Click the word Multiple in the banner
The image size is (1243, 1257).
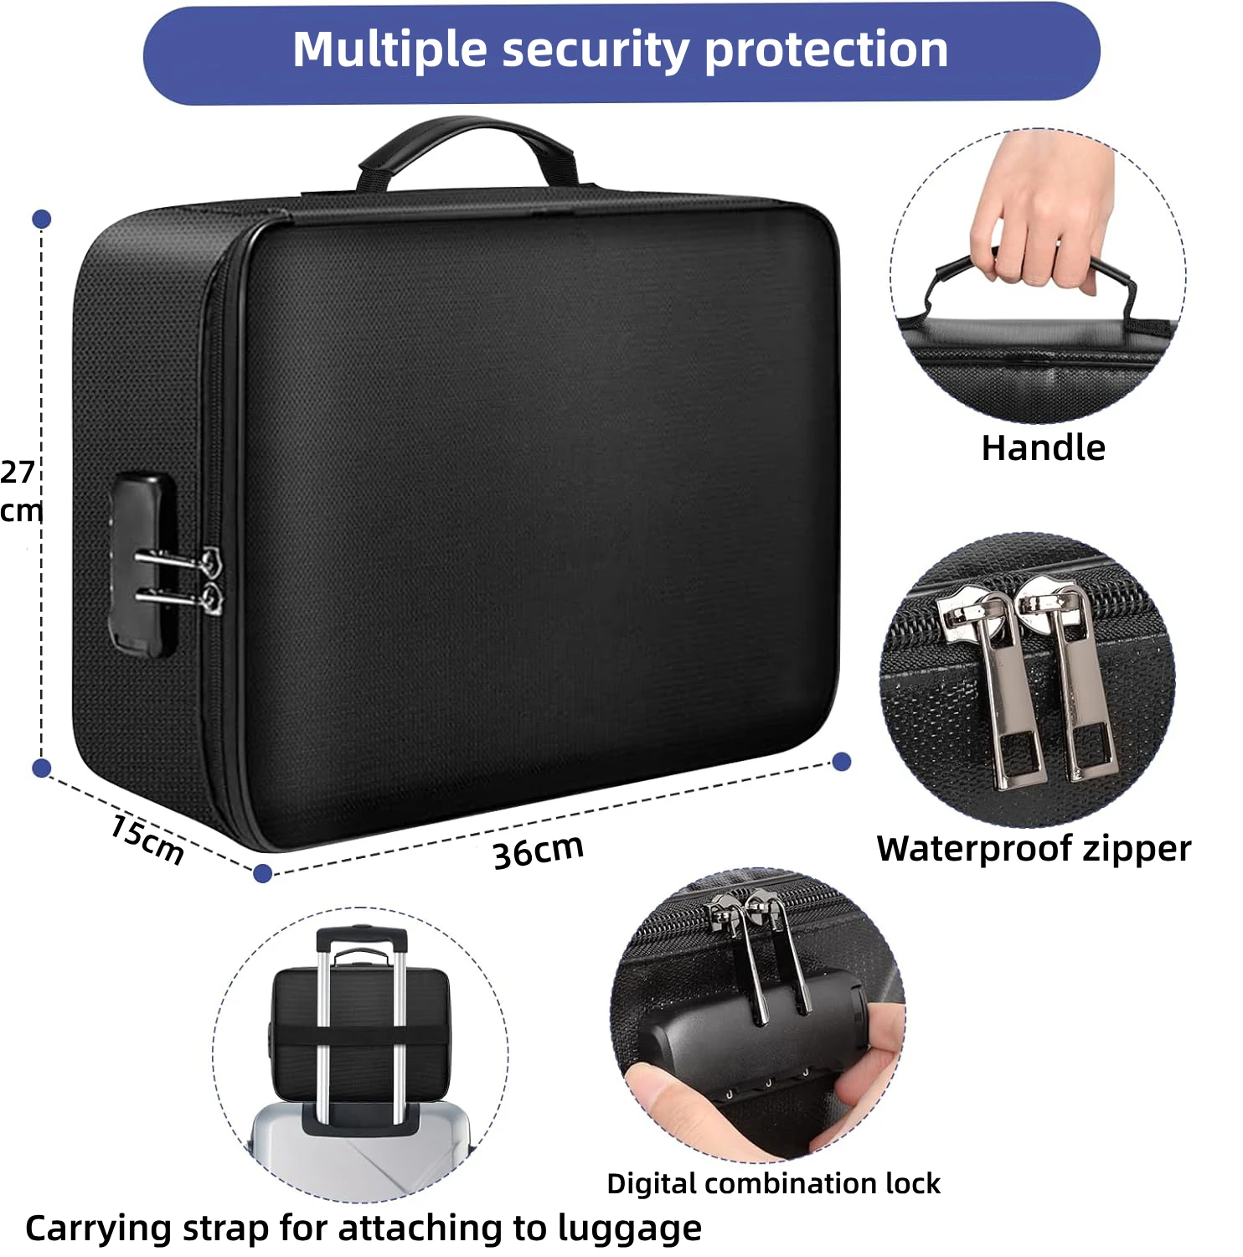389,50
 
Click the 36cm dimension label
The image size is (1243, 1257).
538,851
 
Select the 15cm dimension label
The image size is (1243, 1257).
147,838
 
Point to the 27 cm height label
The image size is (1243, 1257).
18,491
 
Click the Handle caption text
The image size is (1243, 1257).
1043,447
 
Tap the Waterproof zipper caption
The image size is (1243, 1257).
1034,848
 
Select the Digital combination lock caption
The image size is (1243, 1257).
773,1183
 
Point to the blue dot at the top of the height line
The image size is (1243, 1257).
42,220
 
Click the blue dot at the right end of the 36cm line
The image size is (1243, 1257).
842,761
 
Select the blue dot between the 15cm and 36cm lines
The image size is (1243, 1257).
262,873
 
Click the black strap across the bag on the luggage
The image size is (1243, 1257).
360,1036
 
